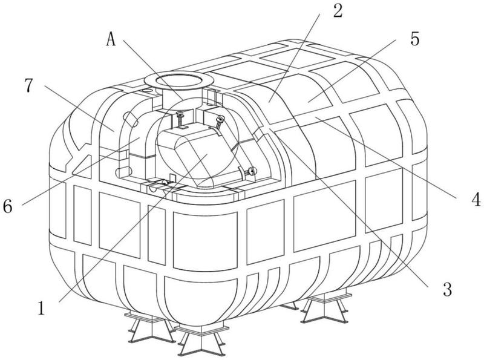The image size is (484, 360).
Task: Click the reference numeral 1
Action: click(41, 308)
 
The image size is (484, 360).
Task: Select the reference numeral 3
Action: click(447, 289)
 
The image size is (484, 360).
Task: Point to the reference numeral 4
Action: click(476, 199)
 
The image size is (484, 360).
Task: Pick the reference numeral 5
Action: click(415, 39)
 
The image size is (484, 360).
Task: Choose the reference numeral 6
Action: click(7, 206)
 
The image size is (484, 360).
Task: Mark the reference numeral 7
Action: click(28, 85)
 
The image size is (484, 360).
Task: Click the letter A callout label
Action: click(111, 39)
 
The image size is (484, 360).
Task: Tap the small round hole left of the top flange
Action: click(147, 91)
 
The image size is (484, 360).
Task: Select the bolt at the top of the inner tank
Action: click(179, 119)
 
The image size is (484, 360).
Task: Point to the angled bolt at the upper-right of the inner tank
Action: click(219, 123)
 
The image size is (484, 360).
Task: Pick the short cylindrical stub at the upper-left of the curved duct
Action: click(130, 119)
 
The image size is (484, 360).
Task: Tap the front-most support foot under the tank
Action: click(201, 339)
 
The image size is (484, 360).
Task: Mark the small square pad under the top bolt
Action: click(182, 127)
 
